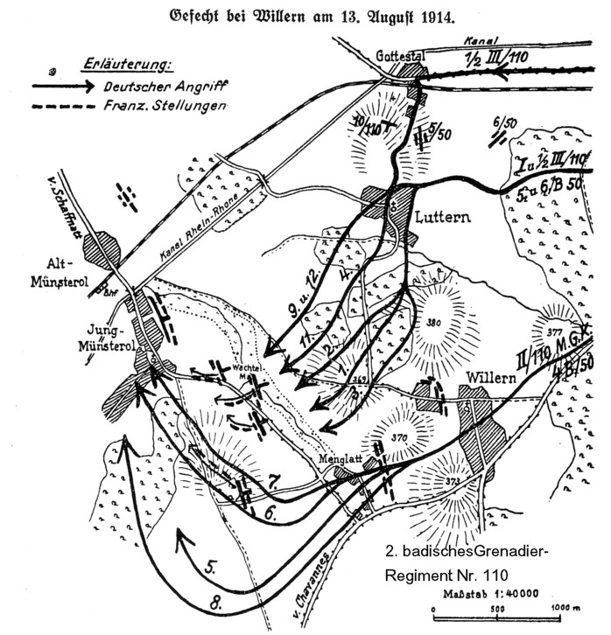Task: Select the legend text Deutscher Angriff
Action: click(164, 86)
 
